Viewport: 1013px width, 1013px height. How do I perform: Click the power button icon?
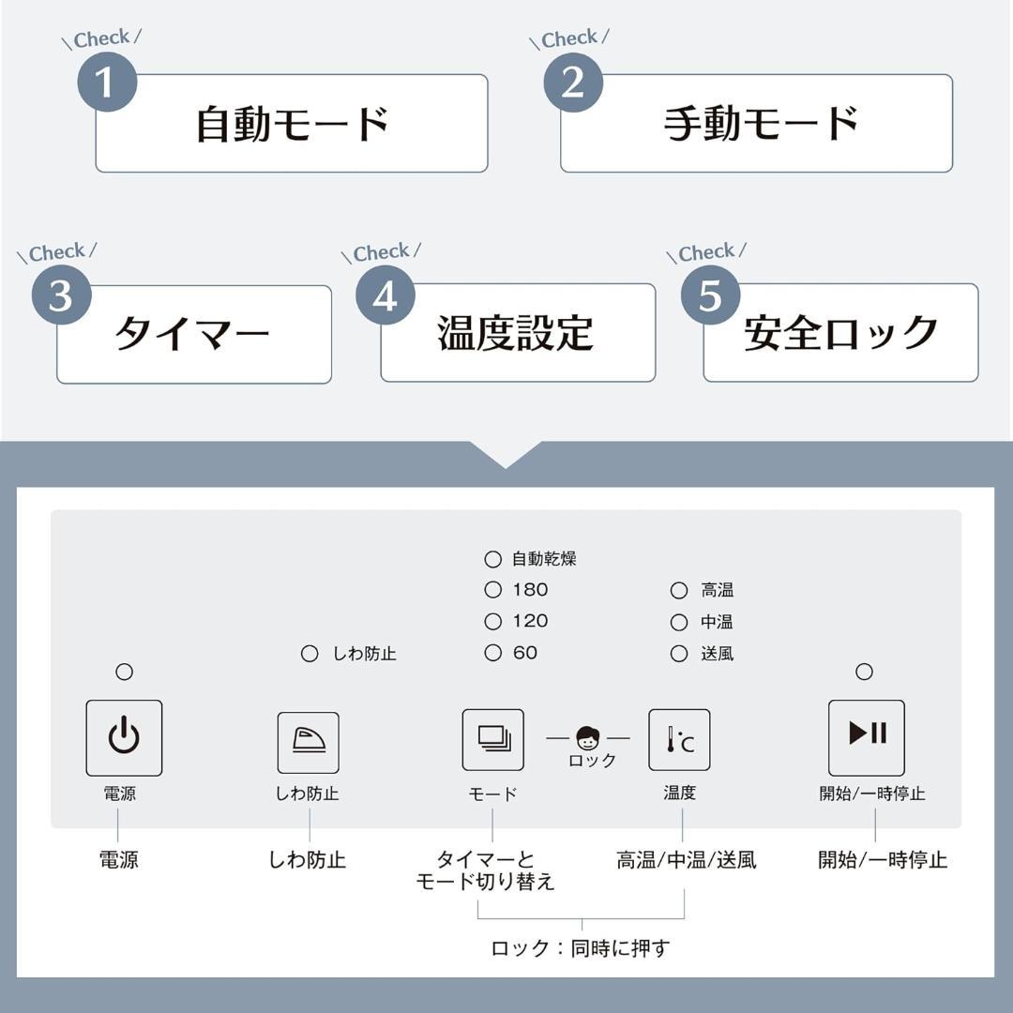124,738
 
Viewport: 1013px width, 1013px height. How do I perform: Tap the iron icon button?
309,742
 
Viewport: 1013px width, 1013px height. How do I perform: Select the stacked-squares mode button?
493,740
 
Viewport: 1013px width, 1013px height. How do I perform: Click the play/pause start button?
867,738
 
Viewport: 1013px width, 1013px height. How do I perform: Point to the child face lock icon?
587,737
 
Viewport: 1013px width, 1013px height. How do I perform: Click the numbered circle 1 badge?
107,82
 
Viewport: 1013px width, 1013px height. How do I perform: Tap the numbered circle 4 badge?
386,295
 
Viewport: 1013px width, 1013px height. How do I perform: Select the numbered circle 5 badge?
710,295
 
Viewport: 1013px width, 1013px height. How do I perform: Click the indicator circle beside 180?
493,589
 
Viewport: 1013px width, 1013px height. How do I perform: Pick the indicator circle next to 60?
493,653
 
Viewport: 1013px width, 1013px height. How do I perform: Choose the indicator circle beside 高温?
678,590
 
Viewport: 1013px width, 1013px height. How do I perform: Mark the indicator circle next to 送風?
678,654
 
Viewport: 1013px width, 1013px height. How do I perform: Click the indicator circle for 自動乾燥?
493,559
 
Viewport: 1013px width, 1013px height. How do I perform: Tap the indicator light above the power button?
124,672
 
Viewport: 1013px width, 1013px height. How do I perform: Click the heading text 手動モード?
761,124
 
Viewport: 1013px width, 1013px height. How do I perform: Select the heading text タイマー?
192,333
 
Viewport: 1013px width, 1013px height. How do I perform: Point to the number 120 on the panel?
530,621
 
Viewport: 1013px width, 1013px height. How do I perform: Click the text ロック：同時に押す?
581,947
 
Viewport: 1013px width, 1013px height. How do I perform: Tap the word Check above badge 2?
569,39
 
